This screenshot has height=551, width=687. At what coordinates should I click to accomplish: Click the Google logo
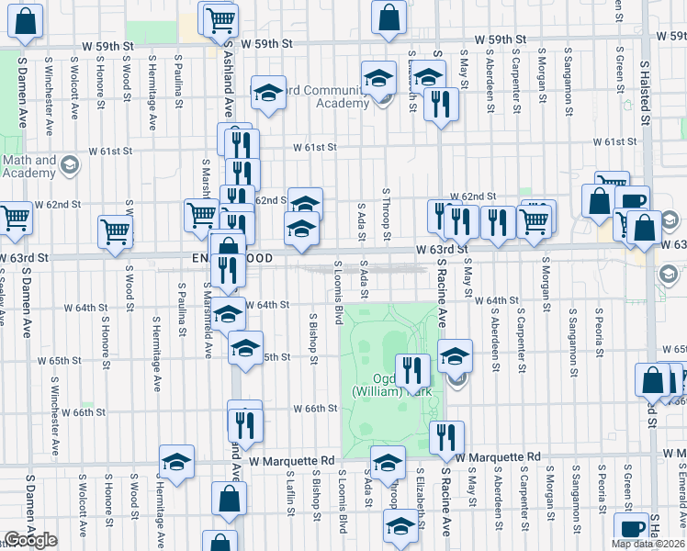pyautogui.click(x=29, y=540)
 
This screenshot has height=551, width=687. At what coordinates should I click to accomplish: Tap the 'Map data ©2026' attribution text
pyautogui.click(x=648, y=544)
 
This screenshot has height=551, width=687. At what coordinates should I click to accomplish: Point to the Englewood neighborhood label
pyautogui.click(x=234, y=259)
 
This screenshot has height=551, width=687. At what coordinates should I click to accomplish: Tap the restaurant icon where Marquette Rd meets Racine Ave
pyautogui.click(x=446, y=437)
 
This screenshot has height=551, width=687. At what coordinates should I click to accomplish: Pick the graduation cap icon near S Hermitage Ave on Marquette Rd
pyautogui.click(x=176, y=463)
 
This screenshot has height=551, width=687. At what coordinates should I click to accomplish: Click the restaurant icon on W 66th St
pyautogui.click(x=245, y=424)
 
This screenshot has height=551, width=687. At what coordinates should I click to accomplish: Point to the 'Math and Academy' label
pyautogui.click(x=30, y=166)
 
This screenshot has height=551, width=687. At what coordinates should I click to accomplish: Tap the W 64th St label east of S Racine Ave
pyautogui.click(x=501, y=300)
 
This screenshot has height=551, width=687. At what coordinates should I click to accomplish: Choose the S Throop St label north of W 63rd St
pyautogui.click(x=388, y=215)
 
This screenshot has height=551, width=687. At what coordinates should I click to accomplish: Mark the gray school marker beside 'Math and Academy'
pyautogui.click(x=71, y=166)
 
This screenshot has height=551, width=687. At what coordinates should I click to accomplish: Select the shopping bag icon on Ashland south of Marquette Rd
pyautogui.click(x=229, y=500)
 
